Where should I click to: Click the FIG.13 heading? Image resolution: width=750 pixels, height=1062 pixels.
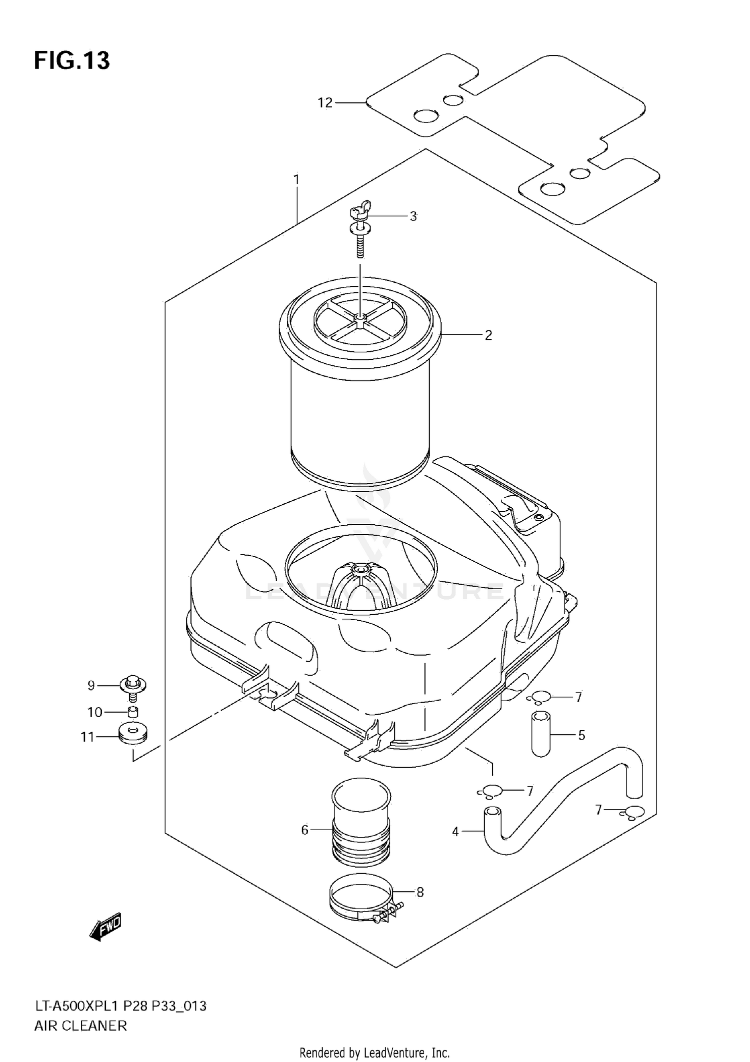(x=72, y=61)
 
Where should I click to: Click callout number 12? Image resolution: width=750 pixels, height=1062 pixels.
(x=325, y=103)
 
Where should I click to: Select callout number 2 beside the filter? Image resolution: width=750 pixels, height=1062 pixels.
(x=488, y=335)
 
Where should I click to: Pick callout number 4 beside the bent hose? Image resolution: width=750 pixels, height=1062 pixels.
(x=455, y=832)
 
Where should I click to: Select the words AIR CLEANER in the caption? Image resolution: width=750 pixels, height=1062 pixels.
(x=80, y=1026)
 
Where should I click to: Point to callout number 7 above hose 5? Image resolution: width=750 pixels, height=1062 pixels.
(x=578, y=697)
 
